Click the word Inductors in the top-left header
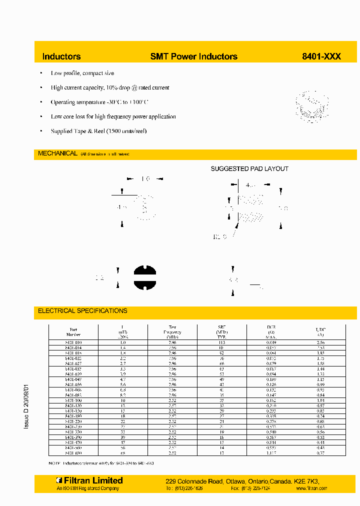[61, 56]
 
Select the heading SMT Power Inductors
[194, 56]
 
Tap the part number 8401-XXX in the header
[321, 56]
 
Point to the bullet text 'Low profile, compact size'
[82, 73]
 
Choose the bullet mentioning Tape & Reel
[98, 131]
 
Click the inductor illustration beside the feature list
[310, 106]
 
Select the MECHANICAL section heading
[58, 153]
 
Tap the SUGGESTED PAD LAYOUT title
[249, 169]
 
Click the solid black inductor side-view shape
[145, 278]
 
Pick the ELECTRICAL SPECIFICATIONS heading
[82, 310]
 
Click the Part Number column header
[73, 332]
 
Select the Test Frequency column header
[172, 332]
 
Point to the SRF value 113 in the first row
[222, 342]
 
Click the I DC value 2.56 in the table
[321, 342]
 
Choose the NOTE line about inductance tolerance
[101, 463]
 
